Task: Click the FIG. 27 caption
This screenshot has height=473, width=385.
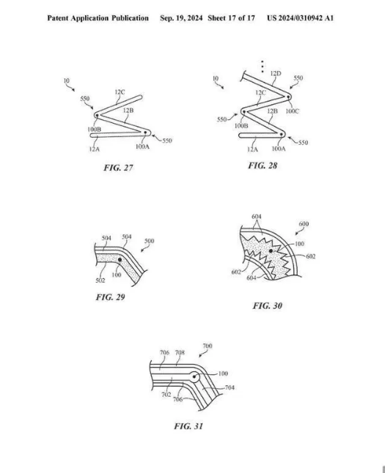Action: coord(118,168)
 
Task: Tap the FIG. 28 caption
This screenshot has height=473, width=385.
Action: coord(263,165)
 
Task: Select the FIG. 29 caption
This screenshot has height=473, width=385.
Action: coord(110,297)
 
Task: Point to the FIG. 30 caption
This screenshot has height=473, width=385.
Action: coord(268,305)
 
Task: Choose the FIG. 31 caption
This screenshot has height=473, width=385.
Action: coord(188,426)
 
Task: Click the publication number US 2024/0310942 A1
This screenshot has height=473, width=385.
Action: coord(300,18)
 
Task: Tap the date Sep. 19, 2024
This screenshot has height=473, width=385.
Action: coord(181,18)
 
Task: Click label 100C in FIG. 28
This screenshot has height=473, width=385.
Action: coord(292,111)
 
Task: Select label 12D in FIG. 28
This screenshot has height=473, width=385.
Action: coord(276,73)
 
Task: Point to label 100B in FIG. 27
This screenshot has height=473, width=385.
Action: coord(95,130)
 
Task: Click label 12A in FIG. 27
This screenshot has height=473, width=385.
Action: coord(95,149)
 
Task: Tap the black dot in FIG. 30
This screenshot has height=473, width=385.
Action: coord(271,250)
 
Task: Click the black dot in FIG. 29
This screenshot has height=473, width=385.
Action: coord(120,259)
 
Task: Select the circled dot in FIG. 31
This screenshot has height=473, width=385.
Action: coord(194,377)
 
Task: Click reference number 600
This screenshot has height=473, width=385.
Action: coord(304,224)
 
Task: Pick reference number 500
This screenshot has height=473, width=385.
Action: coord(150,241)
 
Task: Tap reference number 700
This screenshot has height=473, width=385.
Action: coord(208,346)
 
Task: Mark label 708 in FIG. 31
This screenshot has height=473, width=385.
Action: coord(180,352)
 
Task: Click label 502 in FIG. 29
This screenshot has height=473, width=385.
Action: coord(100,280)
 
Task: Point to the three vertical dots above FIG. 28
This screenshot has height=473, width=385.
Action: coord(263,67)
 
